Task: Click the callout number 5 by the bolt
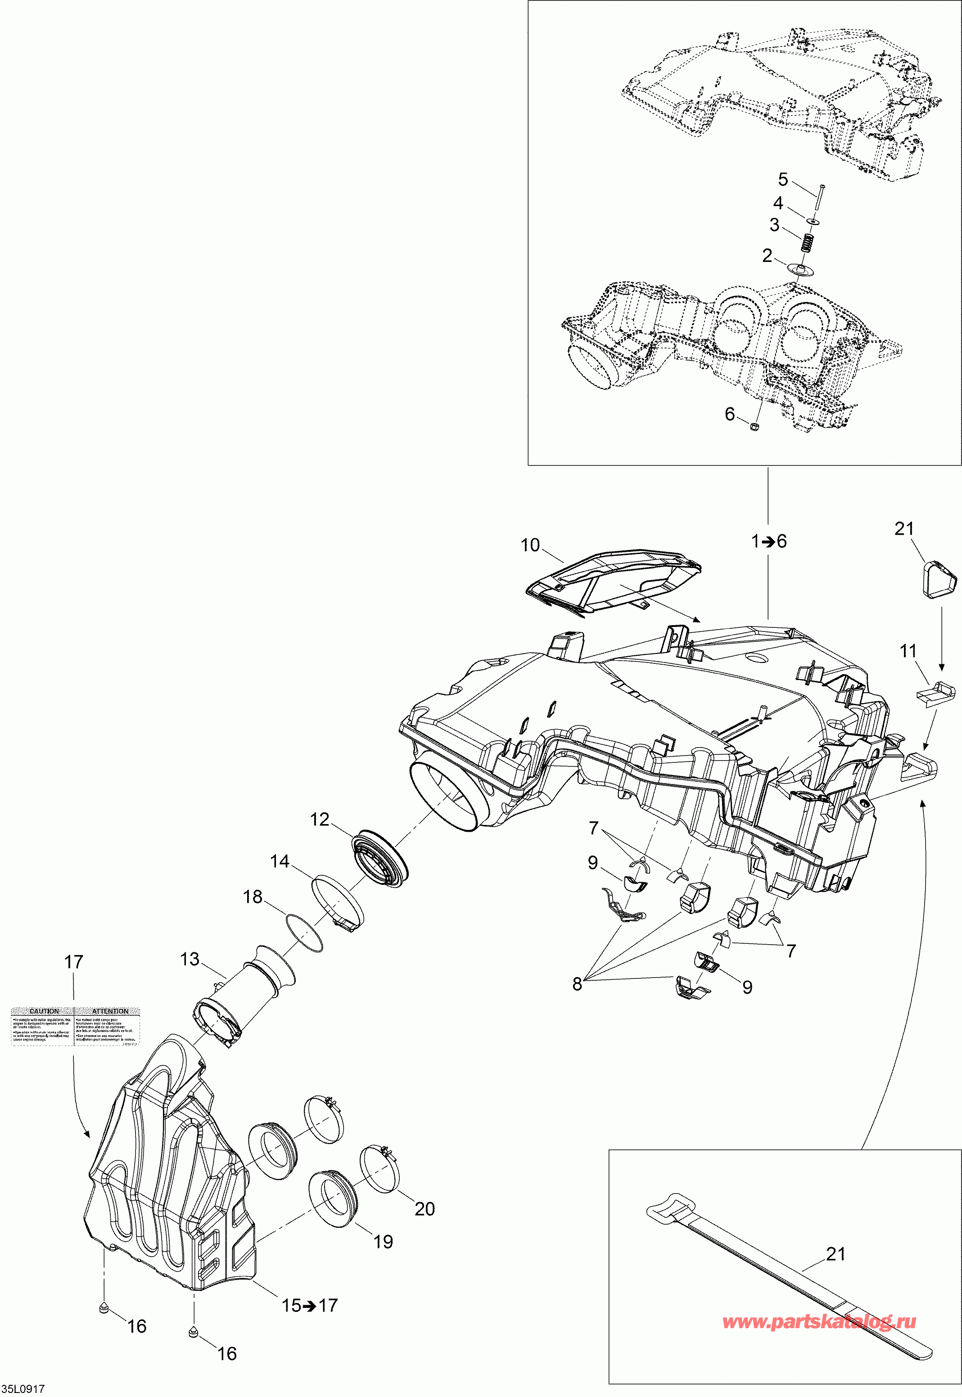pos(783,179)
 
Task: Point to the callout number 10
pos(530,545)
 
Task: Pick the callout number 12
pos(320,819)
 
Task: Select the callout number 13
pos(190,958)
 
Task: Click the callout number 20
pos(425,1208)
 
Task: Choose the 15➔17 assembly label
pos(310,1305)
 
